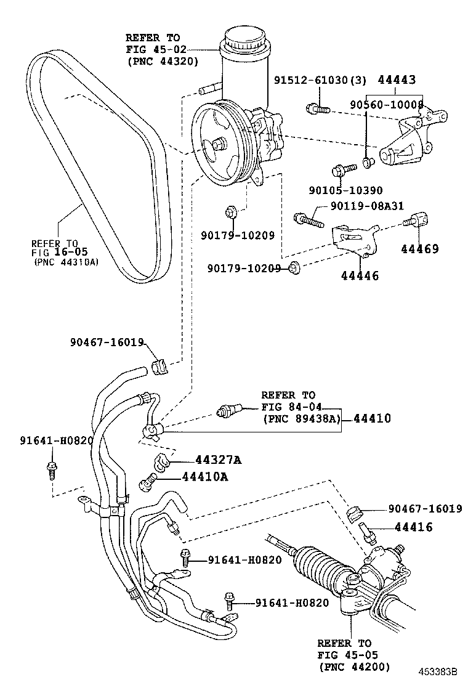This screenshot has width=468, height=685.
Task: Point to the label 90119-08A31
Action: coord(366,207)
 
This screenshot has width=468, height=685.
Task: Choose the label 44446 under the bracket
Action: coord(360,276)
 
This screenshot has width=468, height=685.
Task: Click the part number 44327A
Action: coord(218,460)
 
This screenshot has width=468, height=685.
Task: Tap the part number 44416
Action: coord(413,527)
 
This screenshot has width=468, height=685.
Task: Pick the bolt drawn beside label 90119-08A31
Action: coord(308,218)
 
